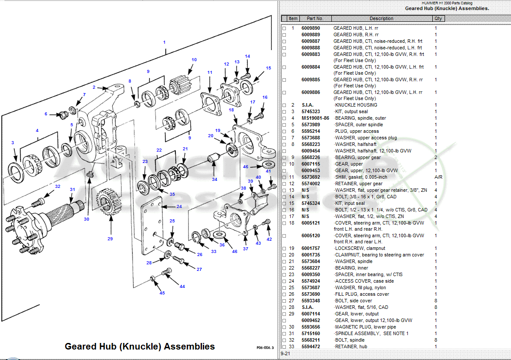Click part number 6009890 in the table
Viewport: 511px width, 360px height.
pos(310,28)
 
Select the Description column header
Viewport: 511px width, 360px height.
pos(381,18)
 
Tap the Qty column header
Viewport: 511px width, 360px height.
pos(438,18)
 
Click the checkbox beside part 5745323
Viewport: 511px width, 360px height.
pos(284,112)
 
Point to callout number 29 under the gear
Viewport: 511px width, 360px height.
pos(110,239)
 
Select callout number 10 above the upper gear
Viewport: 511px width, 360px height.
pos(194,60)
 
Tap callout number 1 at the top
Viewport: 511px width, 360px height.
pos(164,42)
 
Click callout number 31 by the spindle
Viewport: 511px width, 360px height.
pos(73,189)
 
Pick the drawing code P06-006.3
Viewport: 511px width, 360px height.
pos(265,348)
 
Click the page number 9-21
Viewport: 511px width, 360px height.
pos(285,353)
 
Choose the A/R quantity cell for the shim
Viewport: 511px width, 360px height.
pos(438,177)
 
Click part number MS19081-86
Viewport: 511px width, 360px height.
pos(315,118)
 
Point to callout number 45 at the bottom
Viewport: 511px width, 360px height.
pos(162,293)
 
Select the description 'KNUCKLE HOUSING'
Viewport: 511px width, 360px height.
pos(356,105)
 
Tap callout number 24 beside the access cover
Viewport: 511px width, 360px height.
pos(179,206)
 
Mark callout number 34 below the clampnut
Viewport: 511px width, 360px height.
pos(214,180)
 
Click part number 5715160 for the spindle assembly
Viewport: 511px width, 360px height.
pos(310,334)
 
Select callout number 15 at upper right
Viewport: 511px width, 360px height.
pos(268,68)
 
